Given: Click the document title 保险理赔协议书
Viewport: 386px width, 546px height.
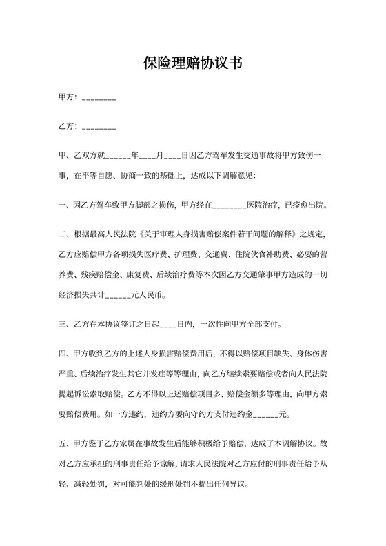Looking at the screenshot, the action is coord(192,63).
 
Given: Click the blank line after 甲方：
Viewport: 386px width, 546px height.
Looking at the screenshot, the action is coord(99,99).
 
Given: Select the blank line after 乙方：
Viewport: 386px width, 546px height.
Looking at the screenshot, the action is coord(99,128).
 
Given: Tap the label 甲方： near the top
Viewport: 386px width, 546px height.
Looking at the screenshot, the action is coord(70,99).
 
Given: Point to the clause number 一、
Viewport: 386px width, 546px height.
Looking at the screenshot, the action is coord(64,205).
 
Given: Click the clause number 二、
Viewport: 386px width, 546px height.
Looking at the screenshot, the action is coord(64,234).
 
